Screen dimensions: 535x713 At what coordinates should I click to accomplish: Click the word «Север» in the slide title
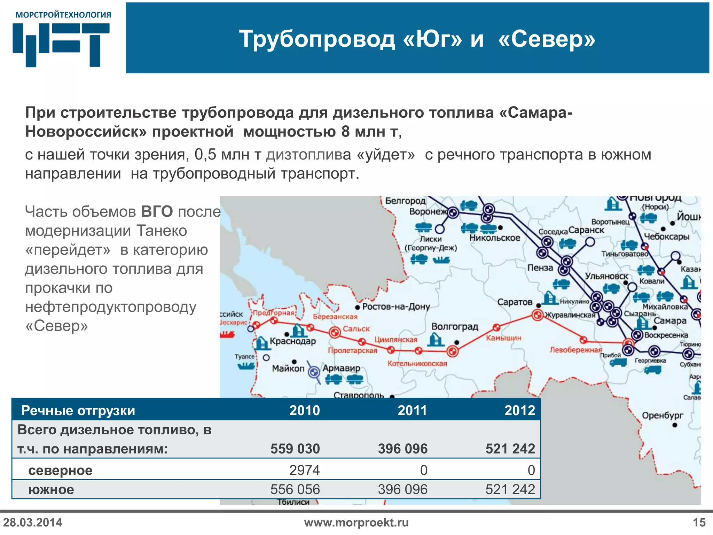pyautogui.click(x=547, y=39)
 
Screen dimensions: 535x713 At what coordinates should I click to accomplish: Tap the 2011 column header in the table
pyautogui.click(x=412, y=410)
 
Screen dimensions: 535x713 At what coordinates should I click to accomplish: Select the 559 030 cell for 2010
pyautogui.click(x=295, y=449)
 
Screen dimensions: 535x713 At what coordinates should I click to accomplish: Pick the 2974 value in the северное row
pyautogui.click(x=304, y=470)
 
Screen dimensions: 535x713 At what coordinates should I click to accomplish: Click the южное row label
pyautogui.click(x=51, y=490)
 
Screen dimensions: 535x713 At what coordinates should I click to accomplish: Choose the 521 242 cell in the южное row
pyautogui.click(x=510, y=490)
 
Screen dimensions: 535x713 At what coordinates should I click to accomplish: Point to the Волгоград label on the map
pyautogui.click(x=455, y=327)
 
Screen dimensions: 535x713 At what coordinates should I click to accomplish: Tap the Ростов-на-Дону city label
pyautogui.click(x=396, y=307)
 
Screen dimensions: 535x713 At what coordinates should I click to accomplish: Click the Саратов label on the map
pyautogui.click(x=515, y=302)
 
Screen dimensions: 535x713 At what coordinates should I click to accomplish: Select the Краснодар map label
pyautogui.click(x=293, y=341)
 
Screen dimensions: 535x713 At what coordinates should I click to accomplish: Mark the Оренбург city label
pyautogui.click(x=663, y=415)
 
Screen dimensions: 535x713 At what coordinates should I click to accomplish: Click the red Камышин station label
pyautogui.click(x=503, y=338)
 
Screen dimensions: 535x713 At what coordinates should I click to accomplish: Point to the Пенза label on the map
pyautogui.click(x=540, y=268)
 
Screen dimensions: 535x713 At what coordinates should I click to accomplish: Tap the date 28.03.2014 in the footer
pyautogui.click(x=33, y=522)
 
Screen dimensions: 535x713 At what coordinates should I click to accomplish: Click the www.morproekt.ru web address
pyautogui.click(x=356, y=522)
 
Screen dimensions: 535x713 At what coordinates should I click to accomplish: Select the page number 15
pyautogui.click(x=699, y=522)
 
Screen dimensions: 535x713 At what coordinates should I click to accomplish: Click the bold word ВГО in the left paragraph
pyautogui.click(x=157, y=212)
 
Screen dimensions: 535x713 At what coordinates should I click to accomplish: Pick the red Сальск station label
pyautogui.click(x=356, y=329)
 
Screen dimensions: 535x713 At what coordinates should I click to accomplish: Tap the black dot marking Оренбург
pyautogui.click(x=675, y=425)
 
